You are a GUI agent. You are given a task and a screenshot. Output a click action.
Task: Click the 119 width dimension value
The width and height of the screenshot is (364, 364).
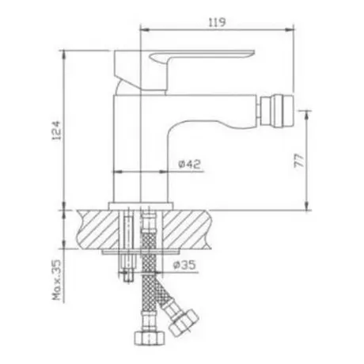pos(218,22)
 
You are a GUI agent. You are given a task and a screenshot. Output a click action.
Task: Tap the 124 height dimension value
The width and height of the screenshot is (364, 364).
pos(56,131)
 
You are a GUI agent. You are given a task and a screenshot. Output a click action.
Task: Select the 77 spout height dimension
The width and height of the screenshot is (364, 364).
pos(299,161)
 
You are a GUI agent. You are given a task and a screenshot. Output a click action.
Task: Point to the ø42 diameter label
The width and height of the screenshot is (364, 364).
pos(190,165)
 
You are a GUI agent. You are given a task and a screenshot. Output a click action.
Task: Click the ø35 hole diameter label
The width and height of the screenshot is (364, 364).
pos(185,264)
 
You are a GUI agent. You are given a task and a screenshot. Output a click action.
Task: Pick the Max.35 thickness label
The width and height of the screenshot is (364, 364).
pos(56,280)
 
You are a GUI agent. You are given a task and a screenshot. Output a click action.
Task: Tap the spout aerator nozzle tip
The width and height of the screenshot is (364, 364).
pos(277,111)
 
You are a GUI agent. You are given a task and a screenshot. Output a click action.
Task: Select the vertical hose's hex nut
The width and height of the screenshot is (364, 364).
pos(150,338)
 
